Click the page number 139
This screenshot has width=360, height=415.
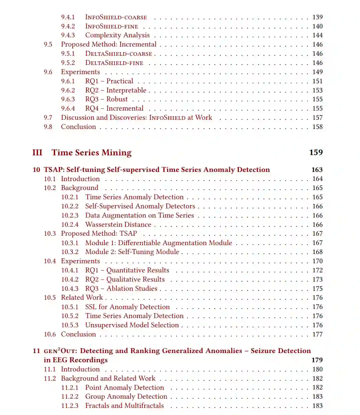pos(317,17)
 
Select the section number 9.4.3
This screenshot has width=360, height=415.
pos(68,35)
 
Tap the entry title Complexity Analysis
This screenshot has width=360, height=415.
pos(117,35)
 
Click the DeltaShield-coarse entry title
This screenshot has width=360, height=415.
pos(118,54)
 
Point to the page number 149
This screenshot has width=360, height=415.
pos(317,72)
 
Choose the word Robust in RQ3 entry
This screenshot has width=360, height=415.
pos(117,99)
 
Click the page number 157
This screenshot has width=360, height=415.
pos(317,118)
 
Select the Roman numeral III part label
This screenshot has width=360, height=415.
pos(37,153)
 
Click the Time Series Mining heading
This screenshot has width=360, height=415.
pos(92,153)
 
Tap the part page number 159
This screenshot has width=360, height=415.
pos(316,152)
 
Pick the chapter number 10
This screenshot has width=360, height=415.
pos(36,170)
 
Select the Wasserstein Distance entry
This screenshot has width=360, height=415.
pos(118,225)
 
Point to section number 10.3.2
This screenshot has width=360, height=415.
pos(70,252)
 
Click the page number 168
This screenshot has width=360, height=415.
pos(317,252)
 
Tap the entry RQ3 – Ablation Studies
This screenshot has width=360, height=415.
pos(121,289)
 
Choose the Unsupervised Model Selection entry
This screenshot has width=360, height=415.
pos(132,325)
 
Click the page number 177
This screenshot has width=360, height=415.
pos(317,334)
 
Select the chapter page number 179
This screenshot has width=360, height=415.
pos(317,360)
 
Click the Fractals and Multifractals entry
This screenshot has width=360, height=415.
pos(124,406)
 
